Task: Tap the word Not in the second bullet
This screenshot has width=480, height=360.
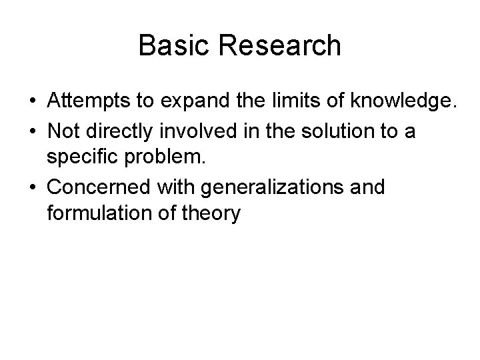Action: coord(63,131)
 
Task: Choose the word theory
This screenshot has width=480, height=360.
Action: coord(213,215)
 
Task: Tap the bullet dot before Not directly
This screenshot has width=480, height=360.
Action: coord(32,132)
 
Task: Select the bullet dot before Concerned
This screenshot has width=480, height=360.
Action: coord(32,188)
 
